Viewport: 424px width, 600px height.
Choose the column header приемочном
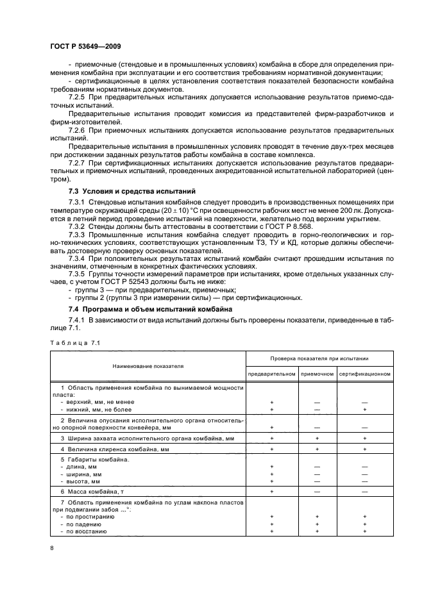[x=317, y=373]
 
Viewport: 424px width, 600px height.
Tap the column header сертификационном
[x=364, y=373]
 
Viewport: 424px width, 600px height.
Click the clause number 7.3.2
[x=78, y=227]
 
